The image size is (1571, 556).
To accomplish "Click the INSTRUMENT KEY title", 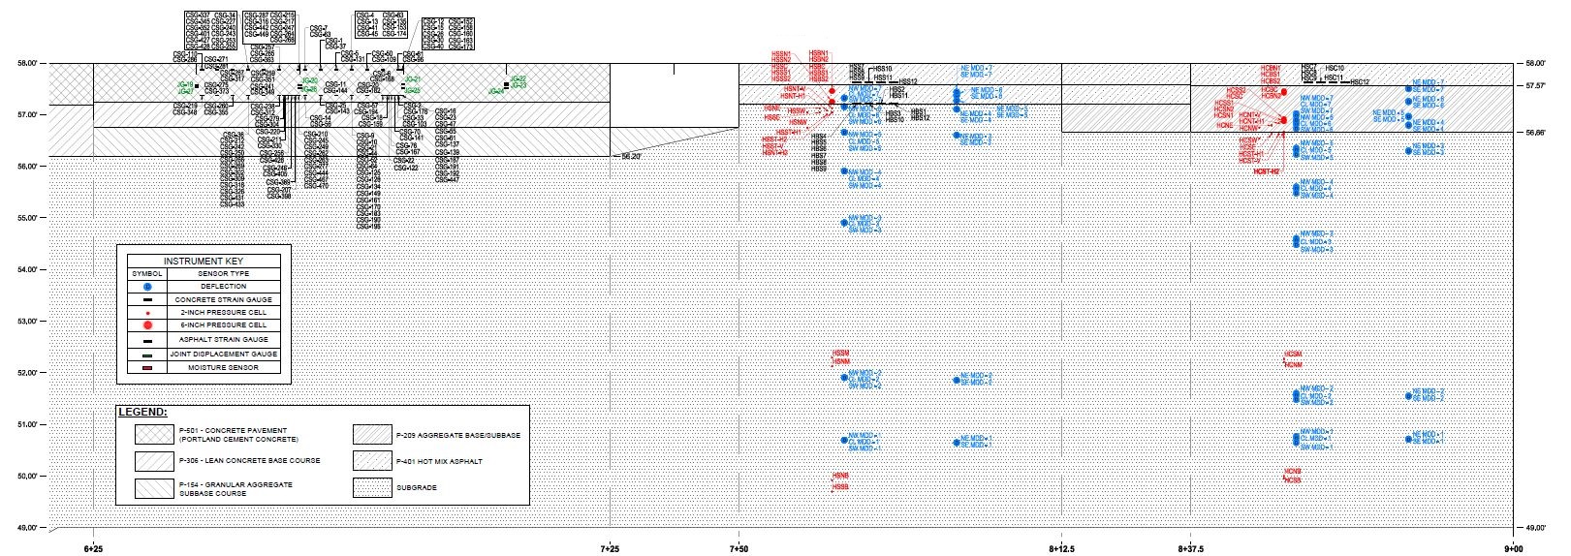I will coord(204,261).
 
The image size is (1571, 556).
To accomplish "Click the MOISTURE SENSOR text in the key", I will coord(225,366).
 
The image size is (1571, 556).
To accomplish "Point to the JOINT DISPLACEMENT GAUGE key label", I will coord(225,354).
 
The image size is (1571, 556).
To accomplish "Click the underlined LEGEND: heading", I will coord(142,413).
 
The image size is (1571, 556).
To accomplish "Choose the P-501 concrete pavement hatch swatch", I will coord(153,434).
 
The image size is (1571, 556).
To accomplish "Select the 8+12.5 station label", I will coord(1061,547).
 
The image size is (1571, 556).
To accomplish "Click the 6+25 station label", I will coord(93,547).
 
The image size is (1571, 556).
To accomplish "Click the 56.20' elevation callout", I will coord(631,155).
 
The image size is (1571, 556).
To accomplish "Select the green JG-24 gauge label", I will coord(495,91).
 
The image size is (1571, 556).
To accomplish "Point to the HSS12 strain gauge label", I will coord(907,81).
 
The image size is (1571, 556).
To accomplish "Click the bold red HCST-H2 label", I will coord(1267,171).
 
